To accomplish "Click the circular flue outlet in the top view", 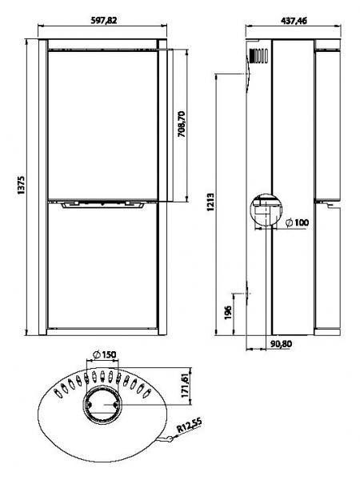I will [x=102, y=405].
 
